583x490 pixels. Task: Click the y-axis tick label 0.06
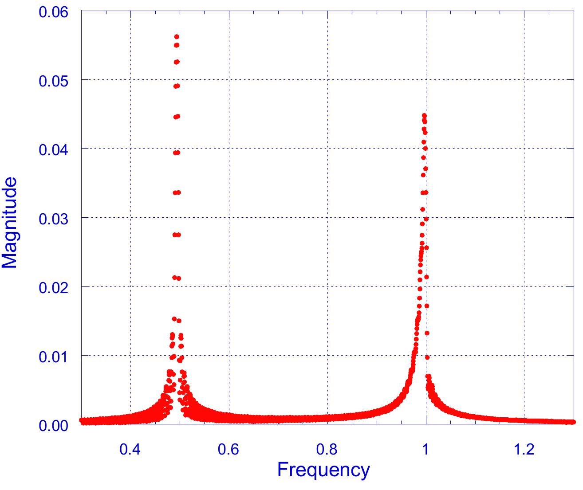tap(54, 12)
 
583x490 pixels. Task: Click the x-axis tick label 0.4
tap(130, 449)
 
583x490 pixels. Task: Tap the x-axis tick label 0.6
tap(229, 449)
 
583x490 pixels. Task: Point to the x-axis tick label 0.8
tap(327, 449)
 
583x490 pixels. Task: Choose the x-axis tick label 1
tap(426, 449)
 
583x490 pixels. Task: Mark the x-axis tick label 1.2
tap(524, 449)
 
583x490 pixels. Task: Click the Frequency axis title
tap(323, 470)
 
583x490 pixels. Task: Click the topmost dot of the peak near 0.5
tap(177, 37)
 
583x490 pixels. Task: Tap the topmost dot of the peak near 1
tap(424, 115)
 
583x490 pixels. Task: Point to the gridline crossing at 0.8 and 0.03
tap(327, 217)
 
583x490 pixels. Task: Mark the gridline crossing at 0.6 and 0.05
tap(229, 79)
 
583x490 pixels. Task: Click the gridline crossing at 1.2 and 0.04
tap(524, 149)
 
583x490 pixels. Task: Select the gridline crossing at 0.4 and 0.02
tap(130, 286)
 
